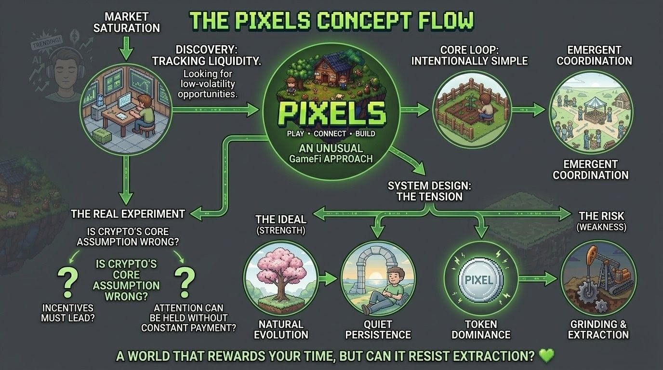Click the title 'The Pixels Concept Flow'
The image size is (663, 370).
331,21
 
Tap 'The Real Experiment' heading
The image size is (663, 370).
128,213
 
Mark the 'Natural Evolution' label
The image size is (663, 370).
280,329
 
